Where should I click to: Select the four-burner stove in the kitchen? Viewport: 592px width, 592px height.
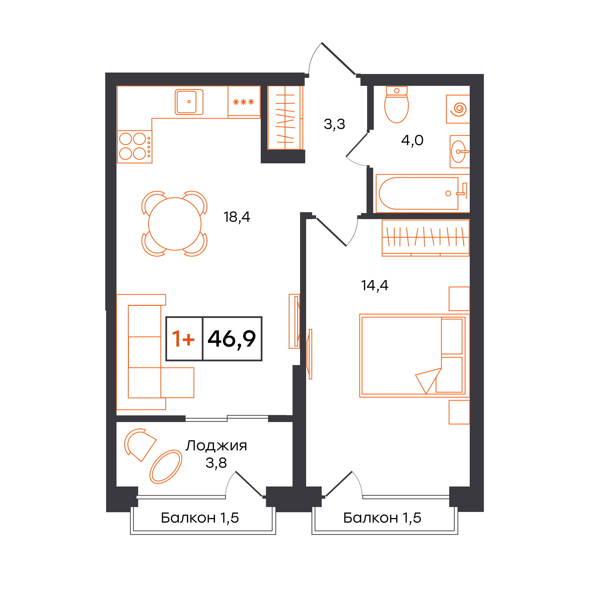[x=135, y=147]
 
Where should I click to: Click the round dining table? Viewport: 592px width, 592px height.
[x=175, y=224]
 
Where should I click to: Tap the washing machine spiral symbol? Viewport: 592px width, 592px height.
[x=458, y=109]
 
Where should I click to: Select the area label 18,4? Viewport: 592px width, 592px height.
[x=237, y=217]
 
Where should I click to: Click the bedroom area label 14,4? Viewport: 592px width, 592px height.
[x=374, y=286]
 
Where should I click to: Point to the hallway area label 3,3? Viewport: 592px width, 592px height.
[x=334, y=124]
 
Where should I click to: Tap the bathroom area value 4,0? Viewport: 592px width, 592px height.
[x=412, y=140]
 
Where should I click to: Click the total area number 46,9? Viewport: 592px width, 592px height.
[x=232, y=339]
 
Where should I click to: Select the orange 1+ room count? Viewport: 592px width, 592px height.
[x=183, y=338]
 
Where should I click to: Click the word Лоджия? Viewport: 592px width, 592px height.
[x=216, y=446]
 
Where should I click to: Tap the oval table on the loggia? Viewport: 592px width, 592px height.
[x=166, y=467]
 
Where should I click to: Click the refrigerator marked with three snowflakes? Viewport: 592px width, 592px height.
[x=244, y=102]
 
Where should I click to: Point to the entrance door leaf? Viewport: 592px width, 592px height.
[x=338, y=58]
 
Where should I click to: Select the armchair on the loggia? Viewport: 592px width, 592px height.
[x=140, y=445]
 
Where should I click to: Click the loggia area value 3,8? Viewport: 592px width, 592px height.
[x=216, y=463]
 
